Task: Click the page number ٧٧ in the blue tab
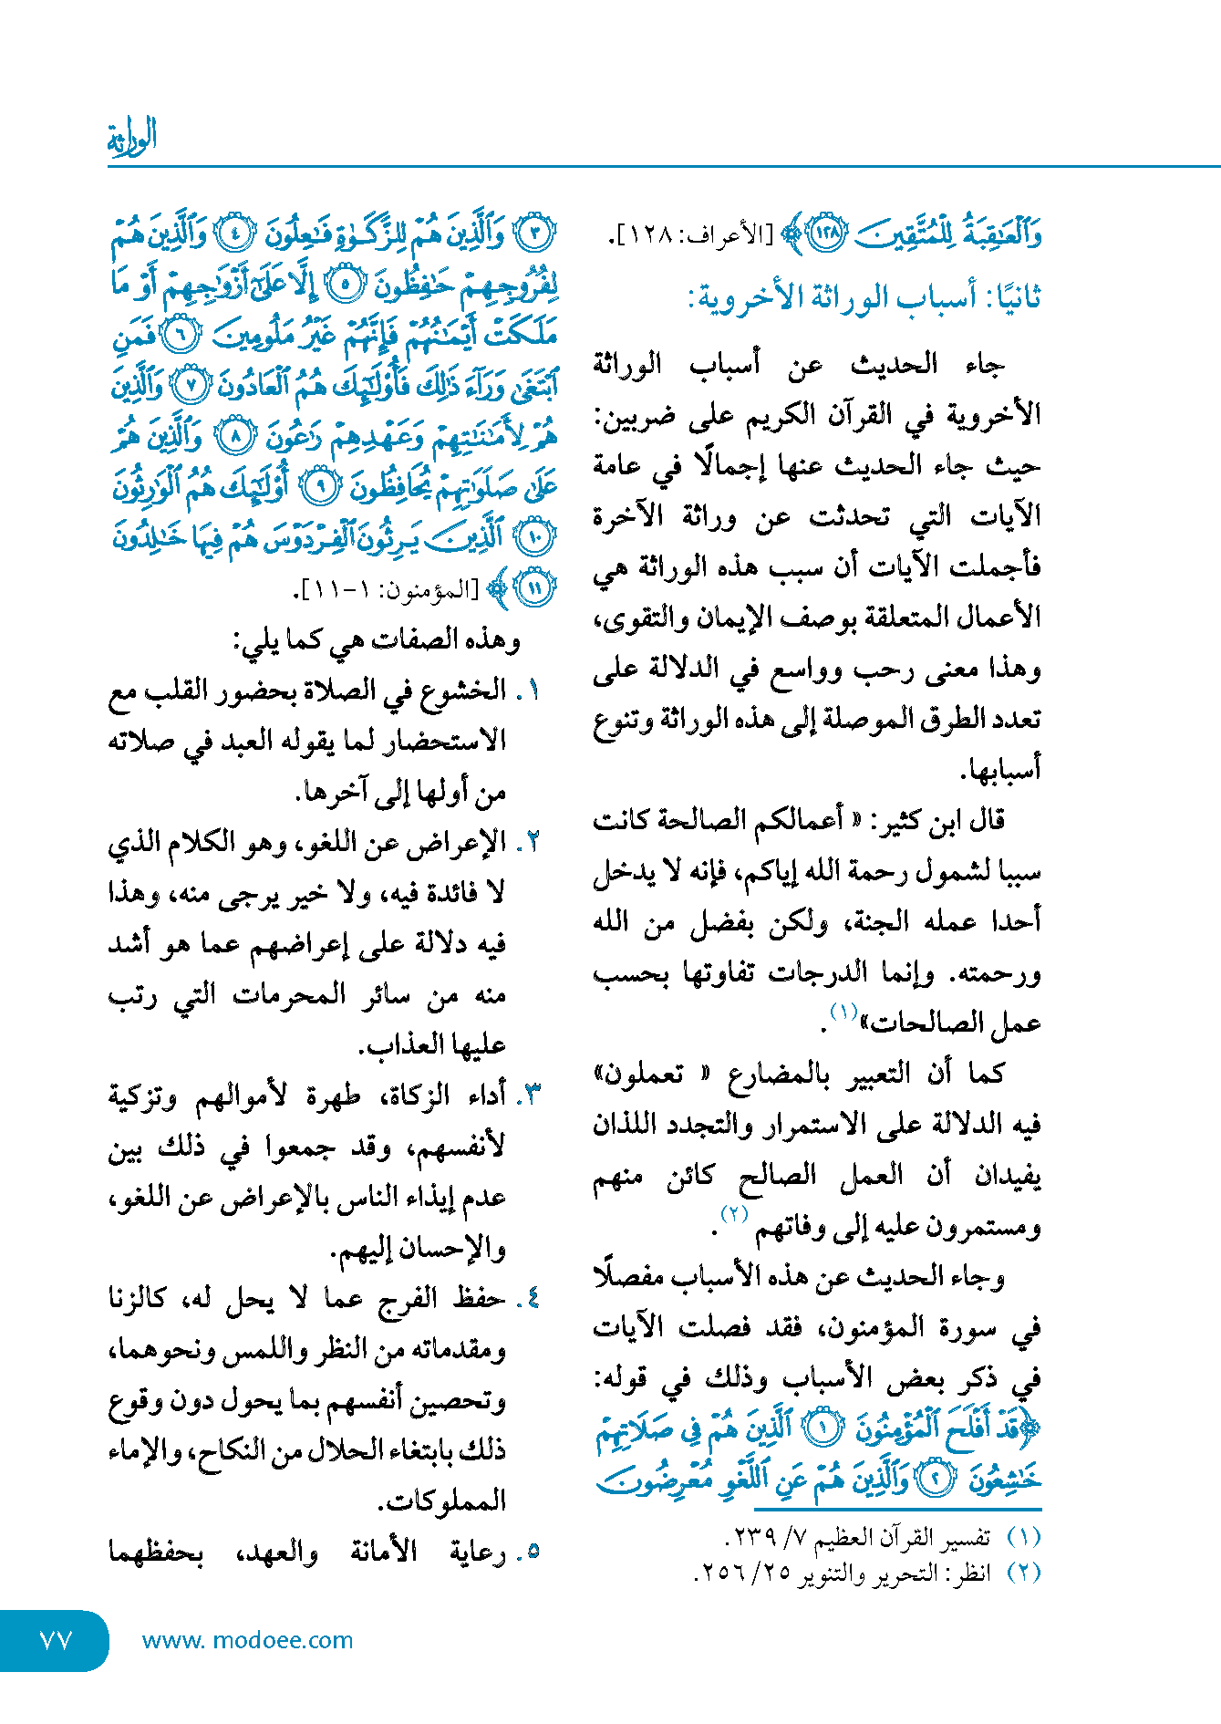[x=56, y=1640]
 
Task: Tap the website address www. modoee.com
[x=247, y=1640]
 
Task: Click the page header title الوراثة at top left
[x=132, y=138]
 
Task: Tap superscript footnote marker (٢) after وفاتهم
[x=734, y=1214]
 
